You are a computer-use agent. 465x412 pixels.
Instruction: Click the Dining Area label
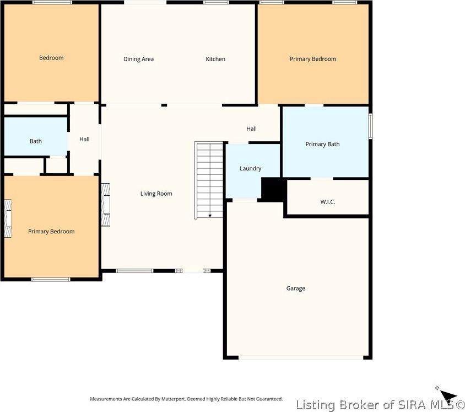(x=138, y=59)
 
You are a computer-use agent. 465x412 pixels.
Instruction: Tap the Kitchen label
(x=215, y=59)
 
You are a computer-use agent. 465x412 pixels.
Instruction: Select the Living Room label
(x=156, y=194)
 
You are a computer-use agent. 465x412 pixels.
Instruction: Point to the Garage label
(x=295, y=288)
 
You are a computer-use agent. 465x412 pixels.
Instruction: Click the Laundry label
(x=250, y=169)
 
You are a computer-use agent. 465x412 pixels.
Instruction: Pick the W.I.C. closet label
(x=327, y=202)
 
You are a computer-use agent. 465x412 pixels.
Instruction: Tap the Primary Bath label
(x=322, y=145)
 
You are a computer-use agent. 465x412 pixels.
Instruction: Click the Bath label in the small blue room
(x=35, y=141)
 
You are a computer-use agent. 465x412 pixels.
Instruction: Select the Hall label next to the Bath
(x=84, y=140)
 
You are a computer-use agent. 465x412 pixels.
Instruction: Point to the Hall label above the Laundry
(x=251, y=129)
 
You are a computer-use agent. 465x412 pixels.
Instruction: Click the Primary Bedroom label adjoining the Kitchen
(x=312, y=59)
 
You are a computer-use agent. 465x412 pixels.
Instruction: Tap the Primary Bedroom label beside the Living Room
(x=51, y=232)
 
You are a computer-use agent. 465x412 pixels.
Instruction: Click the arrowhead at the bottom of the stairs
(x=210, y=216)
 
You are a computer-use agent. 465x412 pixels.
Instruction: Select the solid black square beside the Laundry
(x=272, y=189)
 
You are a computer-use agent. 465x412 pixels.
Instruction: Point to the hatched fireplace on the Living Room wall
(x=106, y=204)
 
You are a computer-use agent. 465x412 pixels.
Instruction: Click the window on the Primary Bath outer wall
(x=370, y=126)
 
